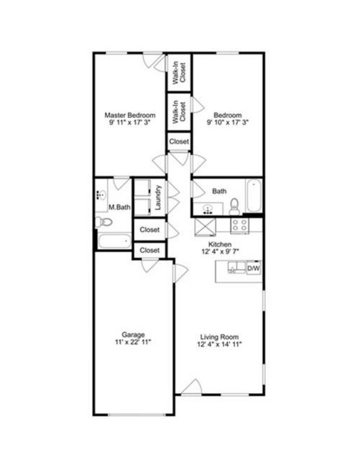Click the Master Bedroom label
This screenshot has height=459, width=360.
[130, 115]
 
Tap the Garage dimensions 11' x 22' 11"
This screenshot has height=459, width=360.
[133, 342]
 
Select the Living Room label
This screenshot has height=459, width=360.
[219, 337]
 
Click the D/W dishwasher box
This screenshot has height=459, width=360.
[254, 269]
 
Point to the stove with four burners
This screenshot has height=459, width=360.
[240, 225]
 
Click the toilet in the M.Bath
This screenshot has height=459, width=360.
[103, 222]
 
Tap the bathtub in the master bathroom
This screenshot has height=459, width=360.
[114, 240]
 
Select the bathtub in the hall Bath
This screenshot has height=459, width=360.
[254, 196]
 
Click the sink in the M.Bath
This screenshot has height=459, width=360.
[101, 195]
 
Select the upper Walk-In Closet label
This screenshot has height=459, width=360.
[179, 72]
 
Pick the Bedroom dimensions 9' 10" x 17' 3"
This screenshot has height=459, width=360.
[228, 122]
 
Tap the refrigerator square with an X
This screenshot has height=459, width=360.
[205, 226]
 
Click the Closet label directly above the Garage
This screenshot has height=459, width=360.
[150, 250]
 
